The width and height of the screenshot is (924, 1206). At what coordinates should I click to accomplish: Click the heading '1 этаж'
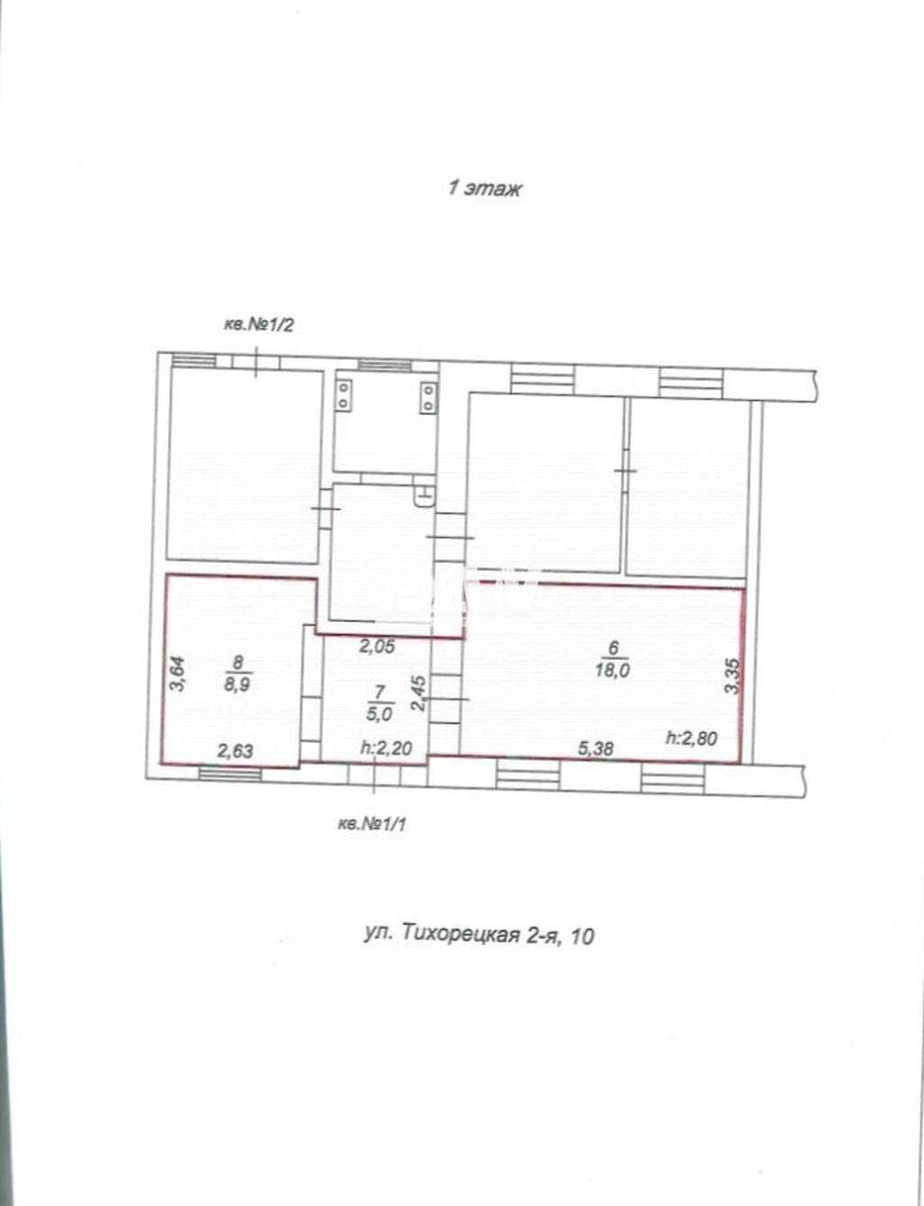click(x=485, y=189)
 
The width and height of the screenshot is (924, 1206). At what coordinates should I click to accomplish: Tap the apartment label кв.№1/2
click(x=258, y=325)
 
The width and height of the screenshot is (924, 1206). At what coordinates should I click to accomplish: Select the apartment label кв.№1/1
click(x=372, y=824)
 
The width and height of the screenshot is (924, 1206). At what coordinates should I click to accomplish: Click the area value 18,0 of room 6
click(x=613, y=671)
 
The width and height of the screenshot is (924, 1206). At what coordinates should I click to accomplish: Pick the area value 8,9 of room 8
click(x=238, y=683)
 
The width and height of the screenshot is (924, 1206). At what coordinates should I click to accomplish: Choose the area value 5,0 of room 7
click(x=379, y=714)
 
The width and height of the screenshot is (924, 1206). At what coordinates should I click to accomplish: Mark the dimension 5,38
click(x=596, y=748)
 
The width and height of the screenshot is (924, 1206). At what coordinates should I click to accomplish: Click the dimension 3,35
click(x=734, y=676)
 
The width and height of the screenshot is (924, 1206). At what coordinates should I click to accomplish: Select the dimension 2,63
click(x=236, y=751)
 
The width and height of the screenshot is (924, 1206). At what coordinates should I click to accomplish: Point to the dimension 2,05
click(x=377, y=646)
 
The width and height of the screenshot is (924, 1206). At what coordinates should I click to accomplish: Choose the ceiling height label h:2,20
click(x=386, y=748)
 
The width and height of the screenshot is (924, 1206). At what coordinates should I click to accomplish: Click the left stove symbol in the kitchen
click(x=345, y=394)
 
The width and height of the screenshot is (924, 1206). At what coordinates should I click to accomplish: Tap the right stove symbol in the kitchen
click(x=428, y=396)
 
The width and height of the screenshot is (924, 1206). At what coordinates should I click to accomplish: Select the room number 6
click(x=613, y=647)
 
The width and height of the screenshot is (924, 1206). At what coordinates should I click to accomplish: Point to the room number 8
click(x=238, y=662)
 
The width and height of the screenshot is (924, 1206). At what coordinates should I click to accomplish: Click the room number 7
click(x=379, y=692)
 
